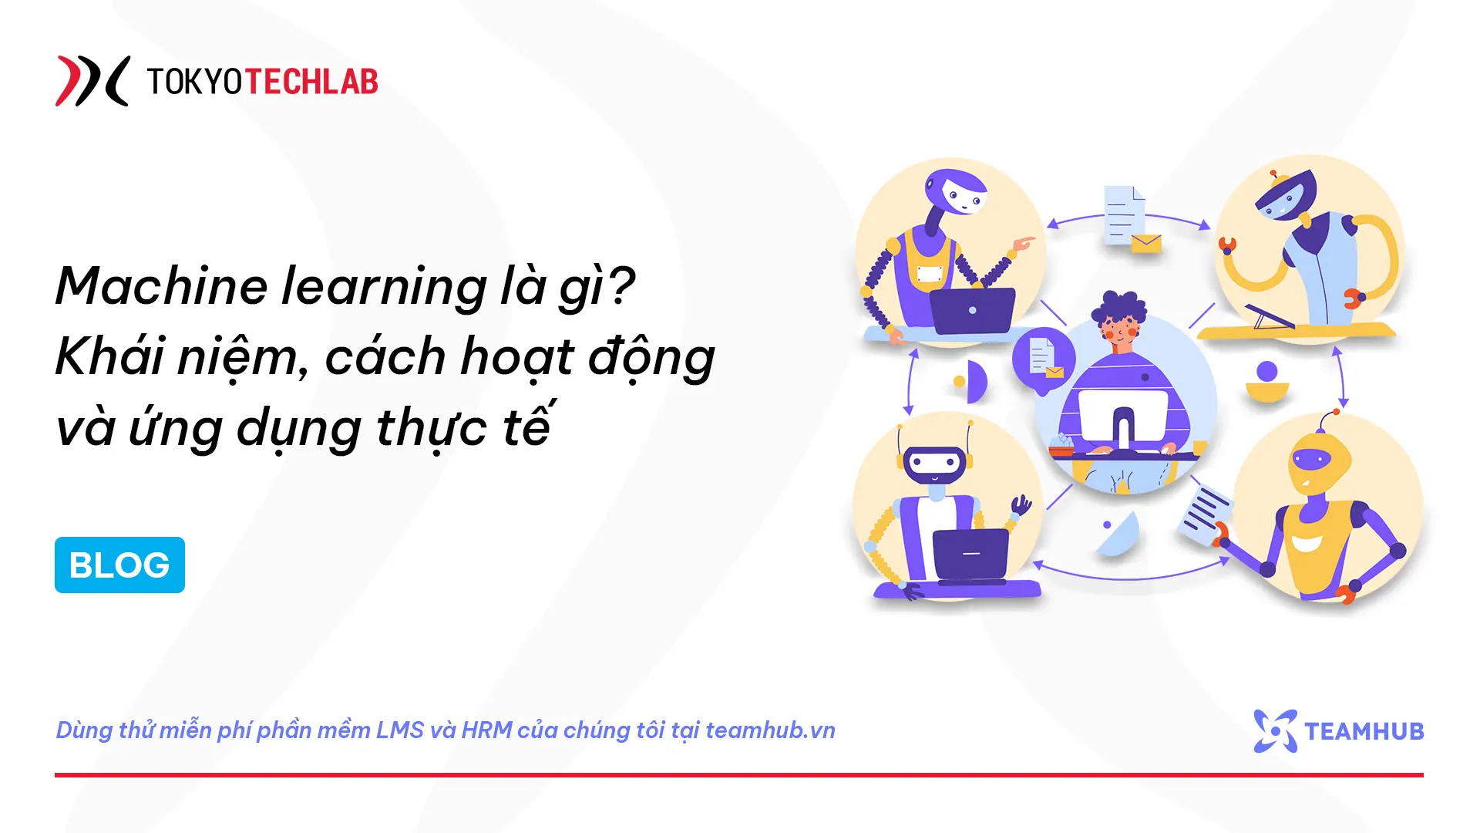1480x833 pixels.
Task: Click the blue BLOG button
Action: click(119, 565)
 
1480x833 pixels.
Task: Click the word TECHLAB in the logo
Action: click(311, 82)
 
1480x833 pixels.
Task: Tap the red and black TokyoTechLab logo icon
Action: click(92, 81)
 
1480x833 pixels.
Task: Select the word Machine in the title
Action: click(162, 286)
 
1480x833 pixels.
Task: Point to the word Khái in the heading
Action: click(110, 357)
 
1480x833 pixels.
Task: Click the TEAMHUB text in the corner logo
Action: click(1364, 731)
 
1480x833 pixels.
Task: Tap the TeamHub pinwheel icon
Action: click(1275, 730)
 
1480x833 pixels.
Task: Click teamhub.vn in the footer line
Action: click(770, 730)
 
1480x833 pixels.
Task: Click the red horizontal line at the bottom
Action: click(738, 774)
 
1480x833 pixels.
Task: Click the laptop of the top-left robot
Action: click(972, 311)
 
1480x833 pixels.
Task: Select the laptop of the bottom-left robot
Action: click(970, 554)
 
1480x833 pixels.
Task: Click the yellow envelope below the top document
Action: click(1146, 244)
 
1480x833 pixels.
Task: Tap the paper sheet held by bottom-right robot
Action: click(1206, 514)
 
